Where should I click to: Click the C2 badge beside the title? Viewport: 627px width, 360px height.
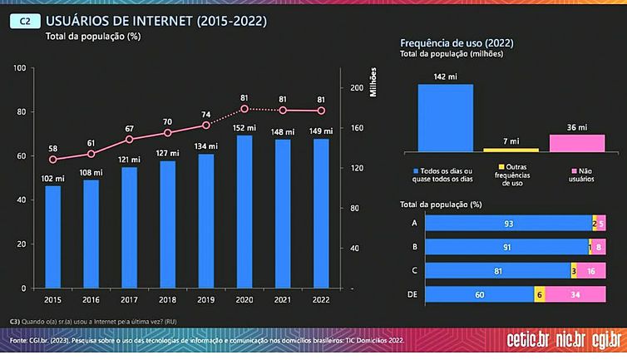click(25, 22)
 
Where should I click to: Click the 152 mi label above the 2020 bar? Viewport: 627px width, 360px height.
click(244, 128)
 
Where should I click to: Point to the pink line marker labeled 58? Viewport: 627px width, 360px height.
click(53, 160)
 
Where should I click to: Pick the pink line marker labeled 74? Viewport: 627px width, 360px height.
click(206, 125)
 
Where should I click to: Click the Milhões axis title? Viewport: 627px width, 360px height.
click(374, 80)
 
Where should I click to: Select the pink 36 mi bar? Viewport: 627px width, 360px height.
click(576, 142)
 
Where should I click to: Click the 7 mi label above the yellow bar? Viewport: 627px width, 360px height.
click(511, 141)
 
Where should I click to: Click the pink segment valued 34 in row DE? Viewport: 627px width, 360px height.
click(574, 293)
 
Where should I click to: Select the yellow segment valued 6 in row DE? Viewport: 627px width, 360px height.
click(539, 293)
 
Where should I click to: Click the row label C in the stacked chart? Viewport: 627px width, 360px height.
click(414, 269)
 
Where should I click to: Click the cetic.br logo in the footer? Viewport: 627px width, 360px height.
click(528, 340)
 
